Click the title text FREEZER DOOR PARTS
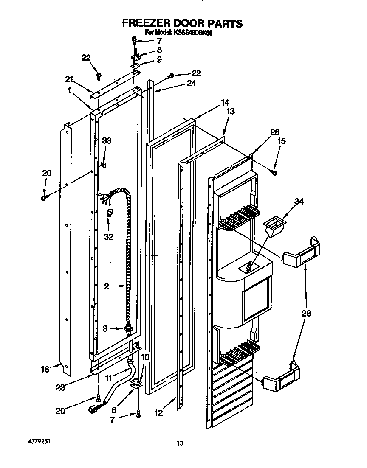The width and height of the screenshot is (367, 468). point(182,23)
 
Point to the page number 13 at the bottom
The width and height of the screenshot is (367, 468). point(180,443)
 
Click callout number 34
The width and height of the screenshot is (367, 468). point(299,202)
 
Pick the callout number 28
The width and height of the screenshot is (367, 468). point(306,314)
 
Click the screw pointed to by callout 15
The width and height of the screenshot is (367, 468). point(274,172)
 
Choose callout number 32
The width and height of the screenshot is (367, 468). point(109,237)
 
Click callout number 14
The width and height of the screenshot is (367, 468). point(224,102)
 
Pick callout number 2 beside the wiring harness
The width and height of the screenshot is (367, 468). point(107,286)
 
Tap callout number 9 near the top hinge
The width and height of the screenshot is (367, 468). point(159,59)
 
